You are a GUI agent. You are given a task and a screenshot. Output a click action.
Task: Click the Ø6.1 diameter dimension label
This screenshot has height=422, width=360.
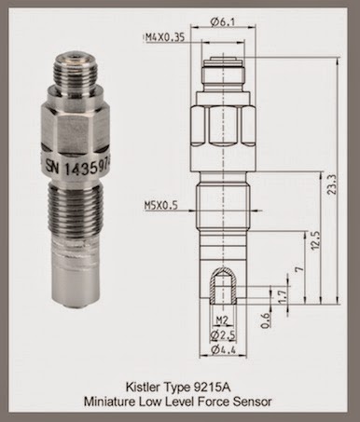point(223,21)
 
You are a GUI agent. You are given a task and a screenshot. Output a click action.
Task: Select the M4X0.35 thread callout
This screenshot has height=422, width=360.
point(165,37)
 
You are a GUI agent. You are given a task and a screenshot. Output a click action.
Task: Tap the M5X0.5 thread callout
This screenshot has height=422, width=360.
point(161,205)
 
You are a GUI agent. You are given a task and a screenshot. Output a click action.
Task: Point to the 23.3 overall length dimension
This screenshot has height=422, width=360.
point(333,184)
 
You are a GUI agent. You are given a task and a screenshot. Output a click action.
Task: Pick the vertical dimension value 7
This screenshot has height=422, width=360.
point(299,269)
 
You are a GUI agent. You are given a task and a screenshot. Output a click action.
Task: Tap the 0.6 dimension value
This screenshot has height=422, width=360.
point(265,320)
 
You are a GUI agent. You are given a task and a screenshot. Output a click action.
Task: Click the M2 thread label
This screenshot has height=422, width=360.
point(222,320)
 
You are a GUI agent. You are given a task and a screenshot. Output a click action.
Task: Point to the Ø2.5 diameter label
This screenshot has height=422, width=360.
point(223,334)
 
